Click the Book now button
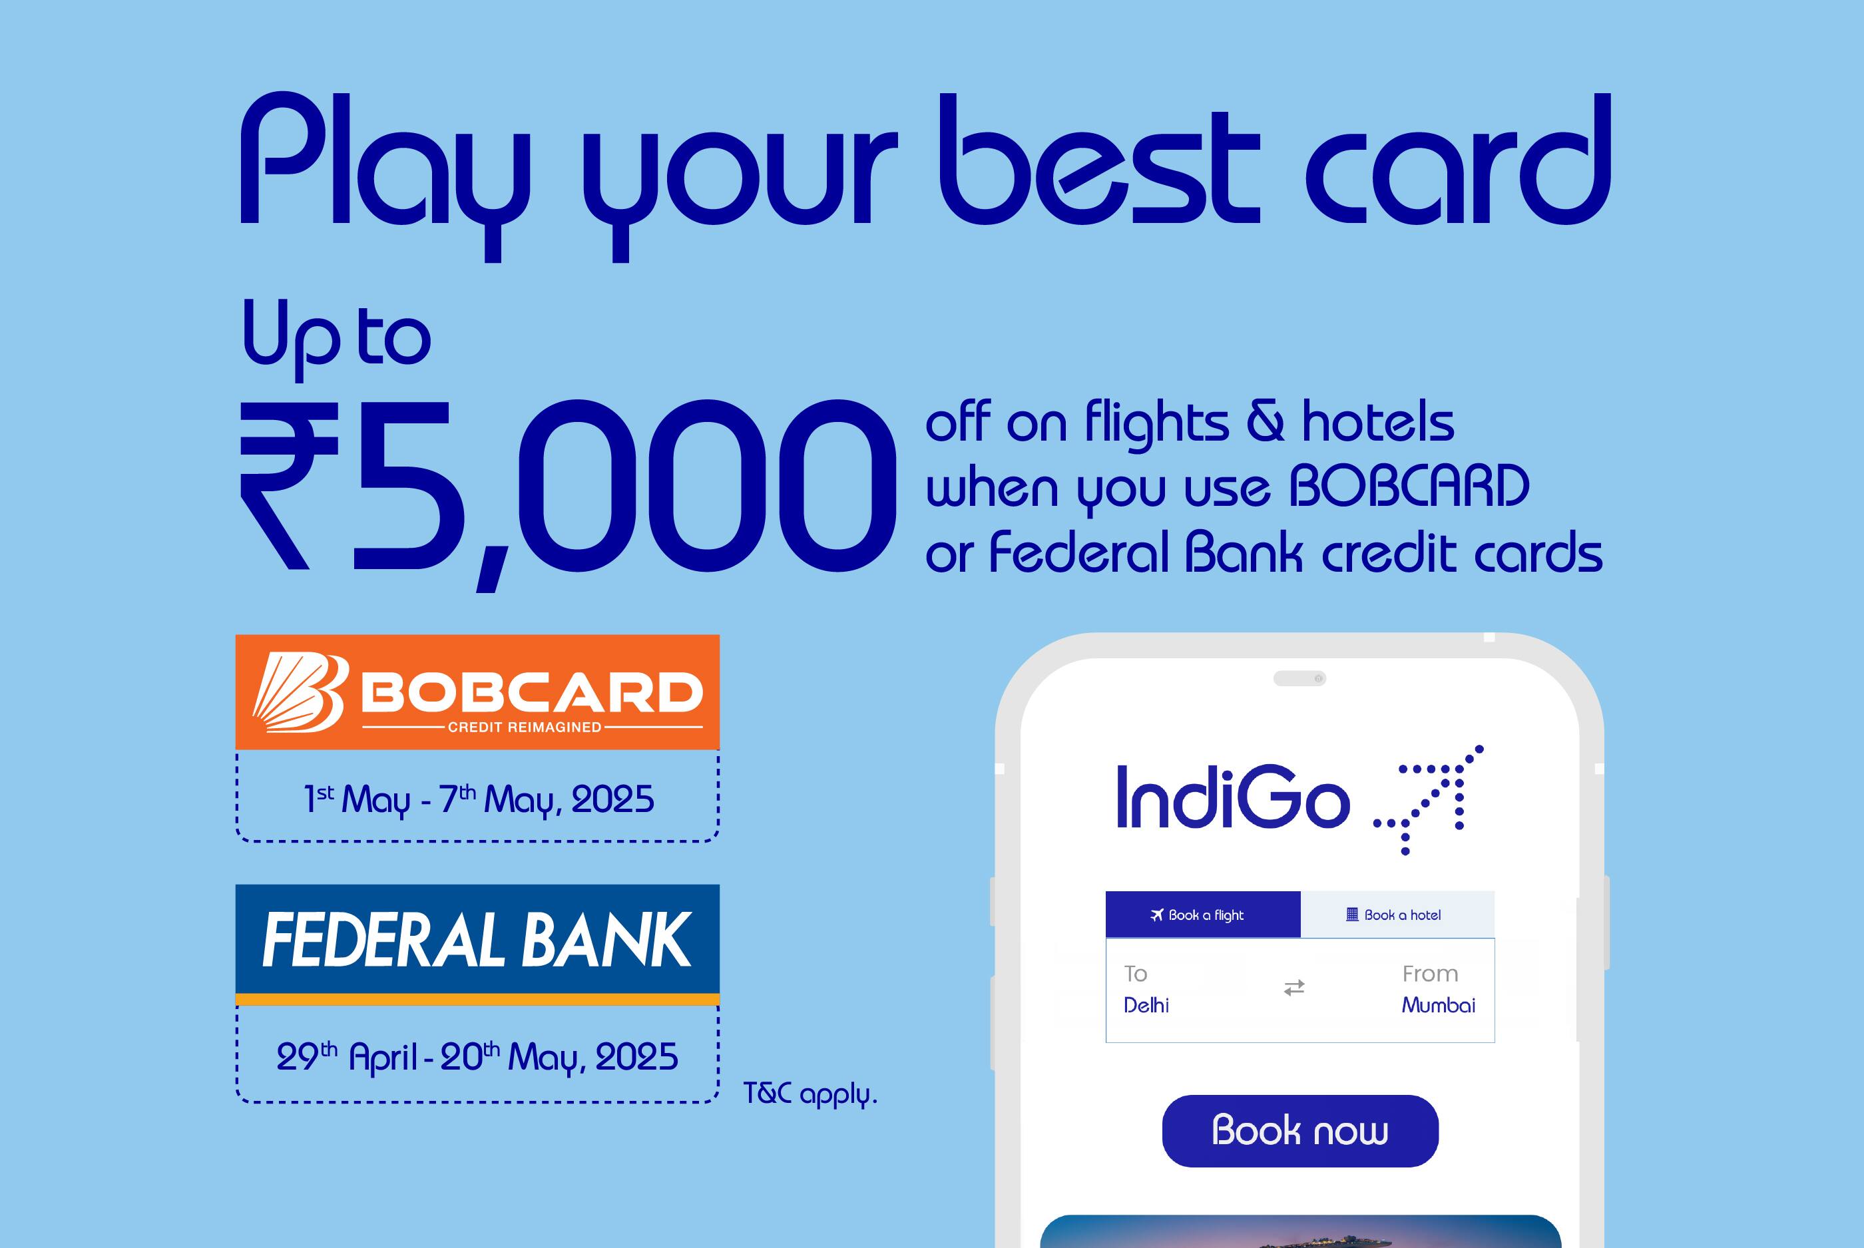pyautogui.click(x=1299, y=1130)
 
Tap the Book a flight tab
pyautogui.click(x=1202, y=915)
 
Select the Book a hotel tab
pyautogui.click(x=1397, y=915)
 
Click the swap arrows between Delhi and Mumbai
pyautogui.click(x=1294, y=988)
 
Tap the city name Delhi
pyautogui.click(x=1146, y=1005)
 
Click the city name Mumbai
pyautogui.click(x=1438, y=1005)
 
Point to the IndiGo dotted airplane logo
pyautogui.click(x=1429, y=799)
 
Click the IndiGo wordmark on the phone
pyautogui.click(x=1233, y=797)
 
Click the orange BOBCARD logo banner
pyautogui.click(x=477, y=692)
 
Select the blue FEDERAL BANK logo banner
pyautogui.click(x=477, y=944)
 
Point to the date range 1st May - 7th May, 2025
pyautogui.click(x=479, y=799)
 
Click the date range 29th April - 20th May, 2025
pyautogui.click(x=477, y=1057)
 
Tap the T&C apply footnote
pyautogui.click(x=810, y=1094)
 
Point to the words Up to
pyautogui.click(x=336, y=338)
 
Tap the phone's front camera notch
pyautogui.click(x=1299, y=678)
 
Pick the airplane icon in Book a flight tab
pyautogui.click(x=1157, y=915)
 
